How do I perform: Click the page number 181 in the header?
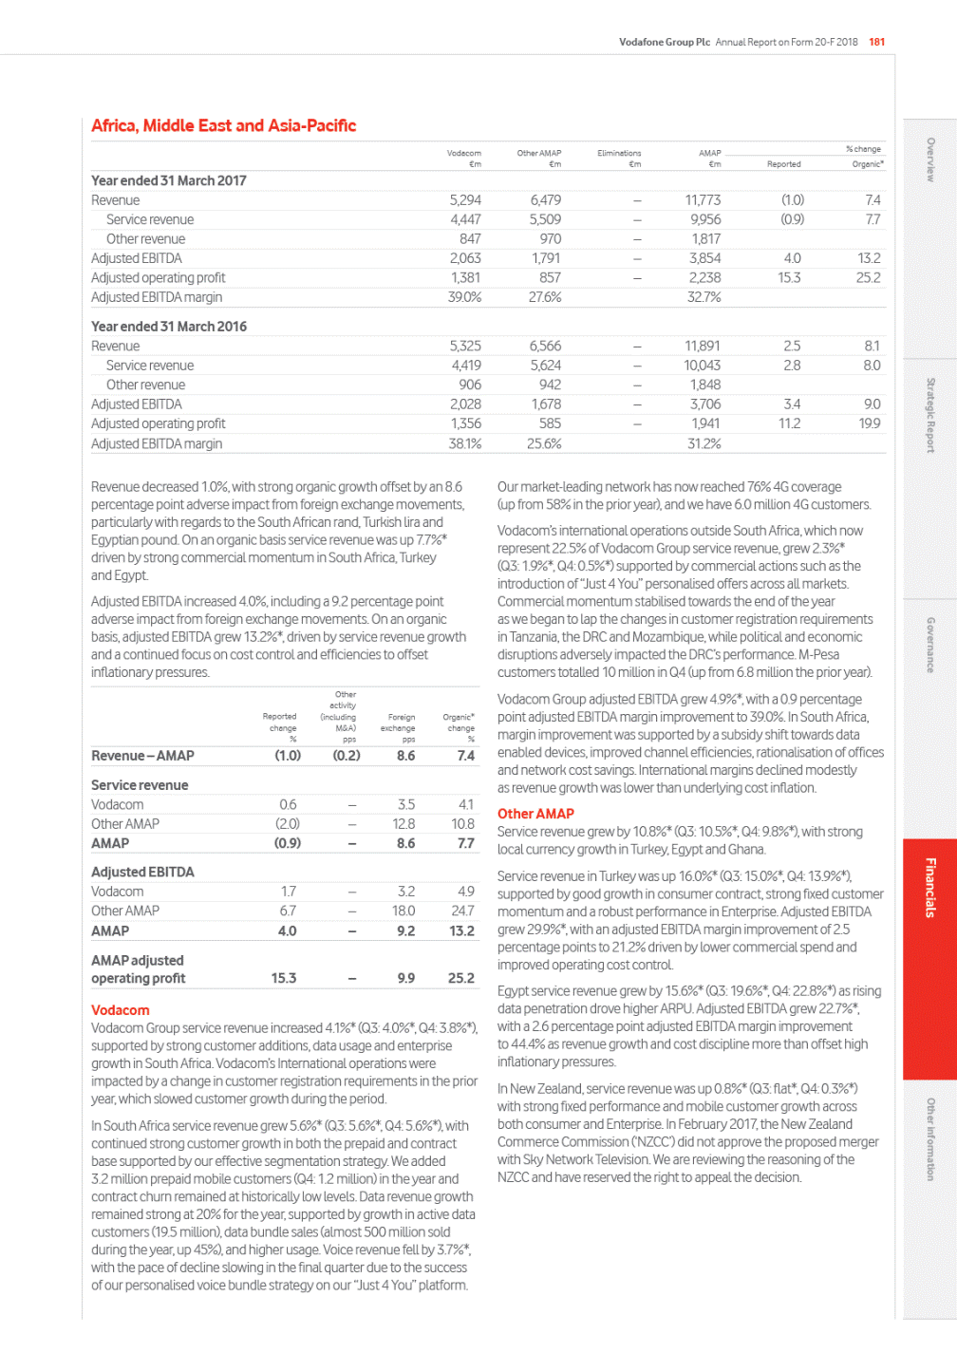(876, 42)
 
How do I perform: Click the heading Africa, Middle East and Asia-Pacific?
(223, 125)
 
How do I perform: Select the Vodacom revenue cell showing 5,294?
(465, 200)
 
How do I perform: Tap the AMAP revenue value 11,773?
(703, 200)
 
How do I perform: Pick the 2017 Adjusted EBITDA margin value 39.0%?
(464, 297)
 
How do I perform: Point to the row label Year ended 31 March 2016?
(169, 327)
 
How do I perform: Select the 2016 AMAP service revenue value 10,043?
(703, 366)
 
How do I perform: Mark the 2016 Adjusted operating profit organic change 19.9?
(870, 423)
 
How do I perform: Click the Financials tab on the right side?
(930, 888)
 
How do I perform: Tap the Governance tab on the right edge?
(930, 646)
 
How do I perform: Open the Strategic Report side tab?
(930, 415)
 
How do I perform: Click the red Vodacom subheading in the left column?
(121, 1010)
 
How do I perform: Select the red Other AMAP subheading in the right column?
(535, 814)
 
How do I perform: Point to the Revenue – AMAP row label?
(142, 756)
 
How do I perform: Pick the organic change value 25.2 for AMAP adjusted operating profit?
(461, 978)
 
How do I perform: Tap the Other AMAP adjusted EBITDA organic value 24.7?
(462, 911)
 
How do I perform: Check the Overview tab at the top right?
(930, 160)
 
